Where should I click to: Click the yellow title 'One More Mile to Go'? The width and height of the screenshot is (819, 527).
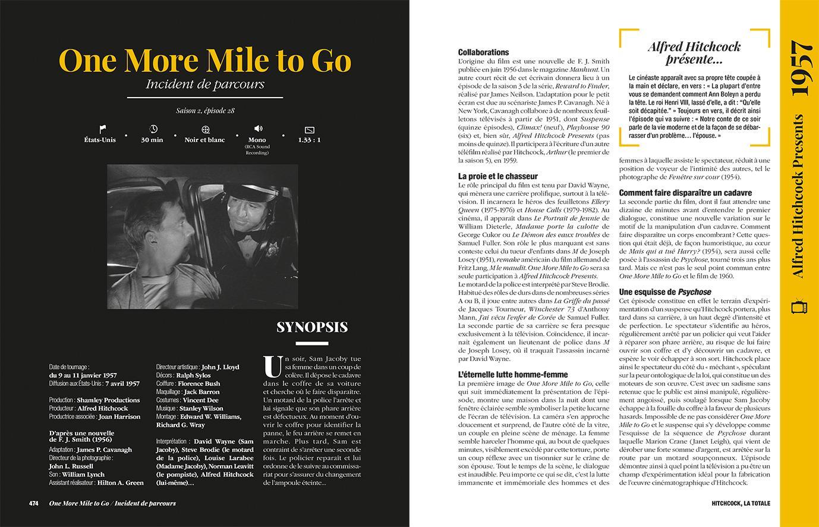[x=205, y=60]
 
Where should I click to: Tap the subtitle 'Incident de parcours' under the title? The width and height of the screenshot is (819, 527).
[x=205, y=84]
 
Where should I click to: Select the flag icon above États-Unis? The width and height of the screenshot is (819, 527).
[x=102, y=128]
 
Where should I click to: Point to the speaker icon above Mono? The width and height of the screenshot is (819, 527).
[x=258, y=128]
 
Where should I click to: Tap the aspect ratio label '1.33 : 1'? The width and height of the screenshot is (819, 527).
[x=309, y=140]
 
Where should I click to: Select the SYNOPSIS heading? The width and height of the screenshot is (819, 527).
[x=312, y=327]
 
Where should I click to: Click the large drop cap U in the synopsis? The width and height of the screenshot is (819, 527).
[x=272, y=366]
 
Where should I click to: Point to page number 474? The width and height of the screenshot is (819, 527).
[x=34, y=503]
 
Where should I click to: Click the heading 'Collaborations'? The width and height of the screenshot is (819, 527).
[x=483, y=52]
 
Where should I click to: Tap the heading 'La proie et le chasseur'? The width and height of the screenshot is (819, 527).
[x=497, y=176]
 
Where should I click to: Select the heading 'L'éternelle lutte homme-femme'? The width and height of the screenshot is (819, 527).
[x=513, y=375]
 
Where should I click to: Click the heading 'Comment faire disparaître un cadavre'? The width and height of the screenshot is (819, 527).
[x=685, y=193]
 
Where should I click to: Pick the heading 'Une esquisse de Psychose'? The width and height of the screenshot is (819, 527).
[x=665, y=292]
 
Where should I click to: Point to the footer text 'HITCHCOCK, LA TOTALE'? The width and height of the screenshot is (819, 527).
[x=741, y=503]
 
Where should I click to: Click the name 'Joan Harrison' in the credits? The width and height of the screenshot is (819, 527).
[x=121, y=417]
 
